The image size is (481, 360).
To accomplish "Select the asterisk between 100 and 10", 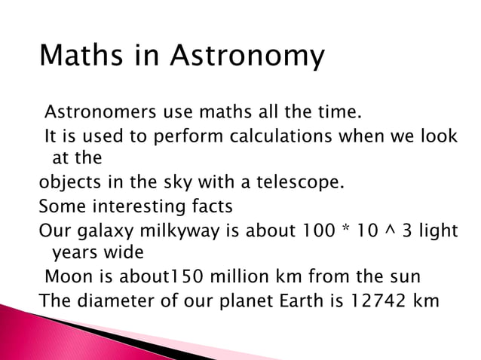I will pyautogui.click(x=346, y=227).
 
